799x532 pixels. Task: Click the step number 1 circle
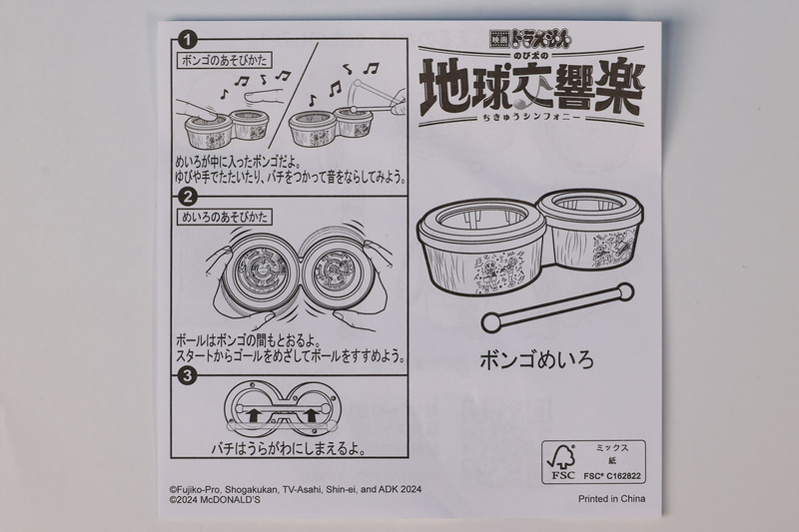tap(185, 41)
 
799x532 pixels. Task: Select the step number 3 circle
tap(185, 375)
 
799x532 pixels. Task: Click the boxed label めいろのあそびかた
tap(224, 216)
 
